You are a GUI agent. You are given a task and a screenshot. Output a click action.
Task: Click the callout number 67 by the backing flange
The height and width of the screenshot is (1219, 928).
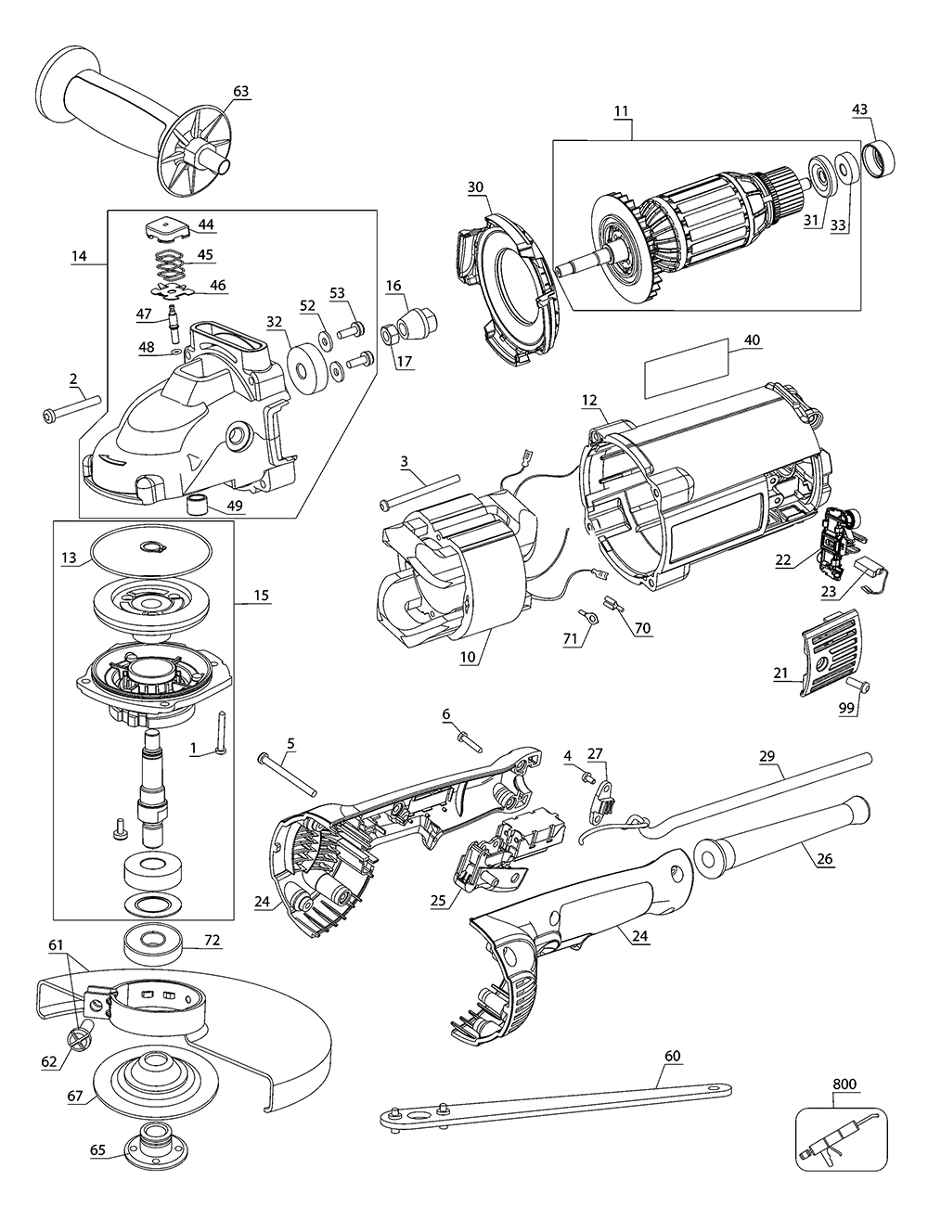(x=76, y=1097)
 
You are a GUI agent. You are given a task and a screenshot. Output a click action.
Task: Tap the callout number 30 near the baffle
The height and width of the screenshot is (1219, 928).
(x=475, y=186)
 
